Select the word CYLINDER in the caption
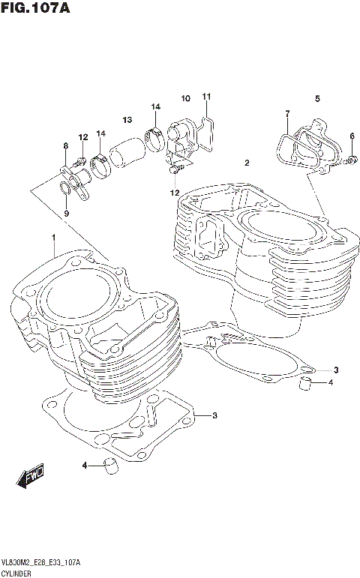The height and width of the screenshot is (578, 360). tap(18, 572)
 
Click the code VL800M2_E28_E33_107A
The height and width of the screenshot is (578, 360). tap(42, 562)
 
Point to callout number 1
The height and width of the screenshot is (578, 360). tap(54, 238)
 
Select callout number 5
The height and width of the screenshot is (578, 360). tap(317, 98)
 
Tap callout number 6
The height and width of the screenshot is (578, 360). tap(351, 136)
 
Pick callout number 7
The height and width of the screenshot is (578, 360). tap(286, 113)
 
